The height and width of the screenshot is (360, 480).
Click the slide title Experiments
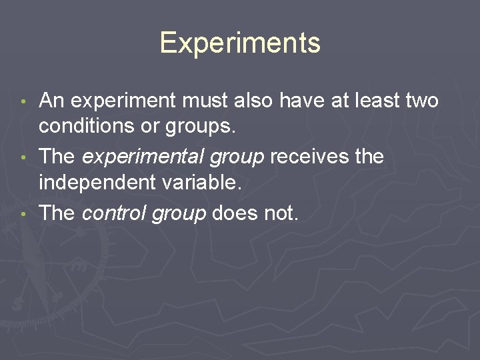point(240,43)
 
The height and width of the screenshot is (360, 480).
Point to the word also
point(251,101)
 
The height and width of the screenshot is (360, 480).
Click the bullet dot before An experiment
point(23,102)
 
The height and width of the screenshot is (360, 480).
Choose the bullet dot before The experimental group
point(23,158)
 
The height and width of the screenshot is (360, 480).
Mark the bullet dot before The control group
point(23,214)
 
